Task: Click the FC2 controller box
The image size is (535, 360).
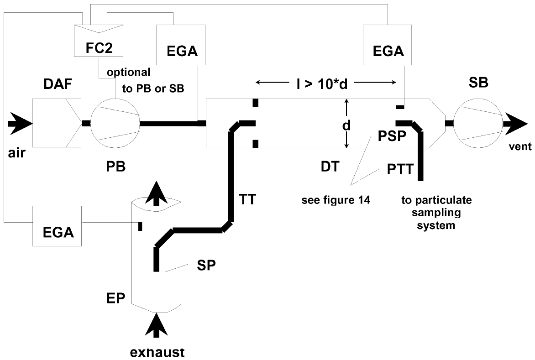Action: [99, 41]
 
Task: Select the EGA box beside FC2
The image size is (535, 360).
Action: [181, 45]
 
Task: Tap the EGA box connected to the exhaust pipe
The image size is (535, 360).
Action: [57, 226]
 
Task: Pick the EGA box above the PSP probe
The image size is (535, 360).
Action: [387, 45]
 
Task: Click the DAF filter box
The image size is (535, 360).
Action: [57, 123]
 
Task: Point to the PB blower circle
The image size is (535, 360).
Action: [115, 123]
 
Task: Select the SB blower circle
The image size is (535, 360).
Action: [478, 123]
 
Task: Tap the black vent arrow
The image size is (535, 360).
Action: [515, 123]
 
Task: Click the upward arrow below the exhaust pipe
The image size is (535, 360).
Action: [156, 325]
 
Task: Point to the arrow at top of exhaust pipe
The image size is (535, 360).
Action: [156, 193]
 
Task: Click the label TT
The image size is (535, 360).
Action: [247, 199]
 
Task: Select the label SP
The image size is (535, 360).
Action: [206, 265]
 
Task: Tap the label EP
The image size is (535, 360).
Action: [115, 297]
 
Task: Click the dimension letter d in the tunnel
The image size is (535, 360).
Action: [346, 125]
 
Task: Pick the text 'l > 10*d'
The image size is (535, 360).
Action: [322, 83]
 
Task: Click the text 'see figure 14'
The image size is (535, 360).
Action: [336, 200]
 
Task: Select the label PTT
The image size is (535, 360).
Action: [400, 169]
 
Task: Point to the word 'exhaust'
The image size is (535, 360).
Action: [157, 352]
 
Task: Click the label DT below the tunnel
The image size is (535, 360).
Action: [330, 167]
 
